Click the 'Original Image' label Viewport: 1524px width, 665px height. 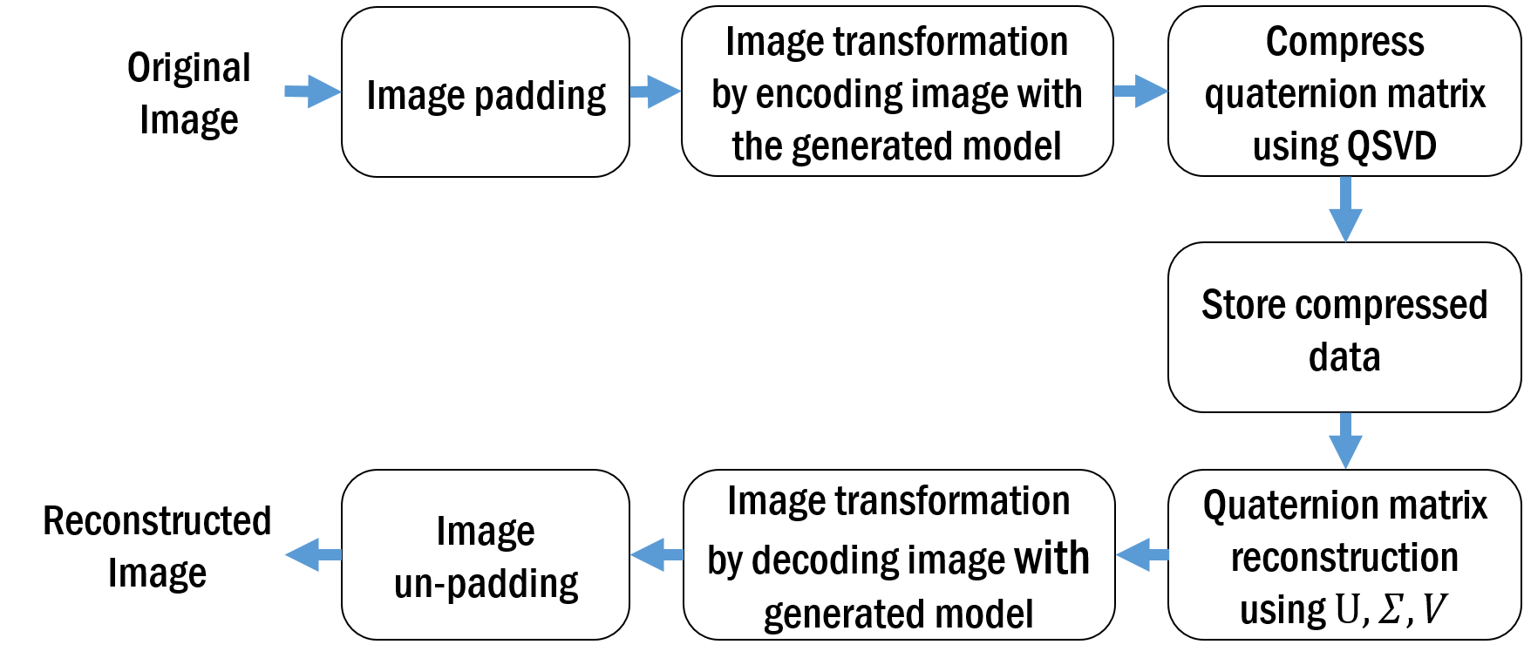pos(189,93)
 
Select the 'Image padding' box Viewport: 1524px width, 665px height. pos(486,92)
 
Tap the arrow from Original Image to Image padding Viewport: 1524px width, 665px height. pos(312,91)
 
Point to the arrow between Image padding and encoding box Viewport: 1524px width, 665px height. pos(656,91)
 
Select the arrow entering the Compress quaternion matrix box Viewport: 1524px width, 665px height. pos(1141,91)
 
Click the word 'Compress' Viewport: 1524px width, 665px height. pos(1344,42)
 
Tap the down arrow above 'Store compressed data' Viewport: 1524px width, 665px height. pos(1345,209)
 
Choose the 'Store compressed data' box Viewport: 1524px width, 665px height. pos(1344,327)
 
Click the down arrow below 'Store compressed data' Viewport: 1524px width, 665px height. pos(1345,441)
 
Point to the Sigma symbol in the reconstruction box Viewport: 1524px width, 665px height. pos(1390,609)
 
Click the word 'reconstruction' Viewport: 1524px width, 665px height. pos(1344,557)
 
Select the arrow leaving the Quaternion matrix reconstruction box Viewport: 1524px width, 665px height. pos(1142,554)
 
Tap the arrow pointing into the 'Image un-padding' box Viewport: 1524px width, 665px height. pos(657,554)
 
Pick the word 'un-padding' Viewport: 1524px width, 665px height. pos(486,584)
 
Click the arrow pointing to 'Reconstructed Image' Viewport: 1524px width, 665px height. pos(313,554)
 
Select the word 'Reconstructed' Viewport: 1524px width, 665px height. pos(157,521)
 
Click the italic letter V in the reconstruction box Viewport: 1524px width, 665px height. pos(1434,609)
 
